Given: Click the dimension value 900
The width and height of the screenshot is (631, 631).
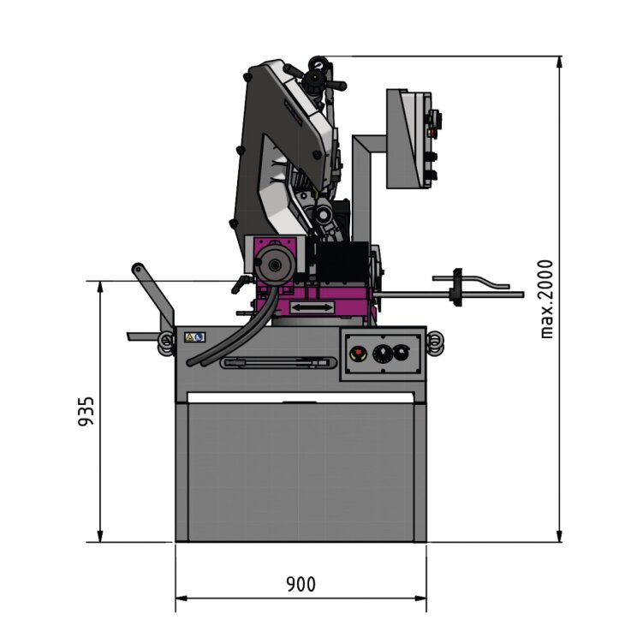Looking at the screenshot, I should pos(301,584).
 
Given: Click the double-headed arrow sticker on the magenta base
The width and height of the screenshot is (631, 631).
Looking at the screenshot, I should pos(312,307).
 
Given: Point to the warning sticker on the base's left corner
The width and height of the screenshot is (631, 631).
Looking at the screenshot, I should pos(195,337).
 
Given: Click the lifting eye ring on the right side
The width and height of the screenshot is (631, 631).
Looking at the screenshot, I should pos(435,342).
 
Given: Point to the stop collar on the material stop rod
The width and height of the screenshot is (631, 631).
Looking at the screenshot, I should pos(456,287).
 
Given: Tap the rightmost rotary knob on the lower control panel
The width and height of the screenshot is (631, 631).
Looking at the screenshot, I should pos(400,352).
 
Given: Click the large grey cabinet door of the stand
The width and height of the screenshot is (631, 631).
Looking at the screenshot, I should pos(301,471).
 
